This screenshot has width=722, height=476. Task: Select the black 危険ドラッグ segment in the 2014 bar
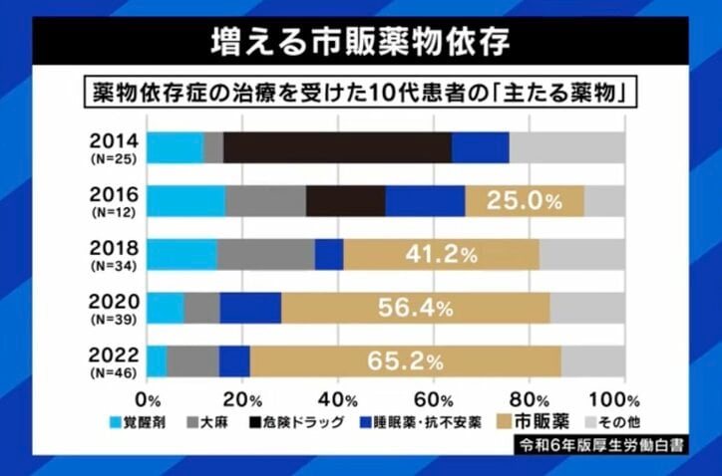click(337, 147)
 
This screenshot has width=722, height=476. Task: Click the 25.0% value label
click(525, 201)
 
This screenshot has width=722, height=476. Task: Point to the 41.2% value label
click(441, 255)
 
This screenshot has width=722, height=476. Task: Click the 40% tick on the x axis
click(338, 399)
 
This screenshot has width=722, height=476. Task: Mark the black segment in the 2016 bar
click(345, 201)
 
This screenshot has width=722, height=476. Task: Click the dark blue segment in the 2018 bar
click(329, 255)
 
